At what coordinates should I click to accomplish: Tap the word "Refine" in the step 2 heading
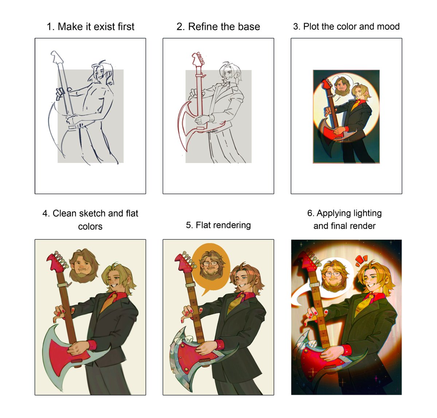pos(202,27)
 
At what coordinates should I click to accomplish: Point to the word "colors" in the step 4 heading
pos(90,226)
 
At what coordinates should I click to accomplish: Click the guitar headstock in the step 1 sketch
pos(56,56)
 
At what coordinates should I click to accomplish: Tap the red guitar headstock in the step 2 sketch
pos(198,59)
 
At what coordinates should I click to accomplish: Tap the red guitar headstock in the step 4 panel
pos(56,261)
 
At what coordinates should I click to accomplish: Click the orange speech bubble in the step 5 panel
pos(211,267)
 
